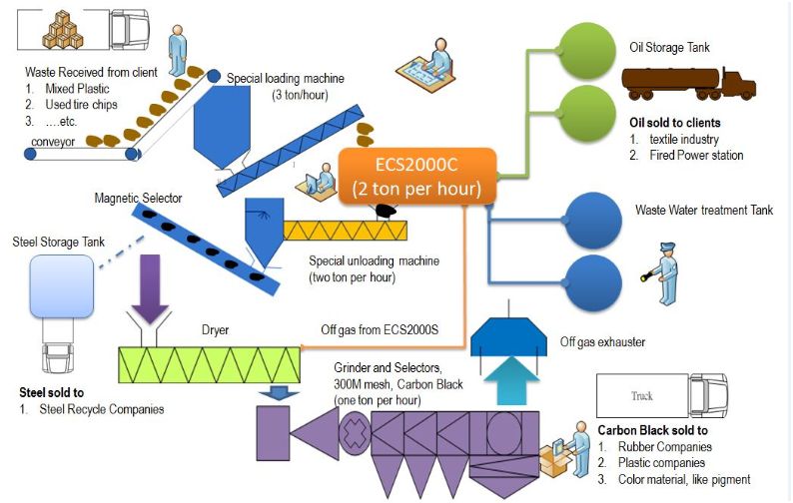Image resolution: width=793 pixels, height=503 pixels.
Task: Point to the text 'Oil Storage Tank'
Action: (x=669, y=47)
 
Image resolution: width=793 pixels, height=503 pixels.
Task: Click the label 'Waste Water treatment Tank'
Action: (x=704, y=211)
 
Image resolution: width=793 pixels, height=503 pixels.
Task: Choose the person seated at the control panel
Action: (x=436, y=62)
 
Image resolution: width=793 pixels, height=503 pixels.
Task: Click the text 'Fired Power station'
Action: (x=696, y=155)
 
